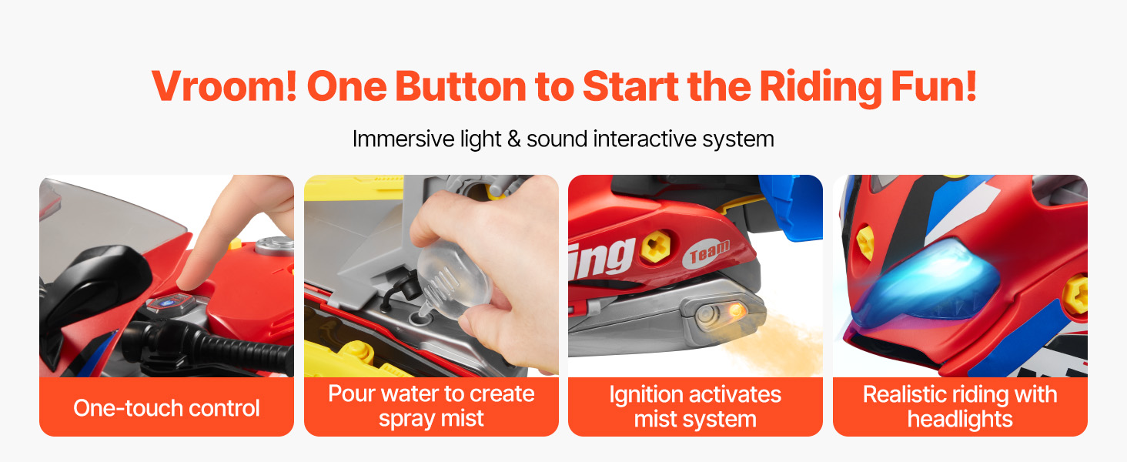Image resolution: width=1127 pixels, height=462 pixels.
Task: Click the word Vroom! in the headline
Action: (224, 86)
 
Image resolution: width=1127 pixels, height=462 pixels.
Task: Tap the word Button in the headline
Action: (460, 86)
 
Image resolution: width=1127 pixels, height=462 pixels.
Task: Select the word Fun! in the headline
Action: (934, 86)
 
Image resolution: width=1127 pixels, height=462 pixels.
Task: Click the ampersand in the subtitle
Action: (513, 139)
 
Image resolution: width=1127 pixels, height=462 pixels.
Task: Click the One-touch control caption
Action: (166, 407)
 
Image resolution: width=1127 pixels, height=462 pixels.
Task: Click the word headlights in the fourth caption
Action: (960, 419)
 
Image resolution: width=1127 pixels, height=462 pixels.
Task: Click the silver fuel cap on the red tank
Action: (273, 245)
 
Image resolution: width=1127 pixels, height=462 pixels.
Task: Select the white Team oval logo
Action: (707, 253)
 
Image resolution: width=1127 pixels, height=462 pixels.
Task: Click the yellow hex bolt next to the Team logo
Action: (656, 246)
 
